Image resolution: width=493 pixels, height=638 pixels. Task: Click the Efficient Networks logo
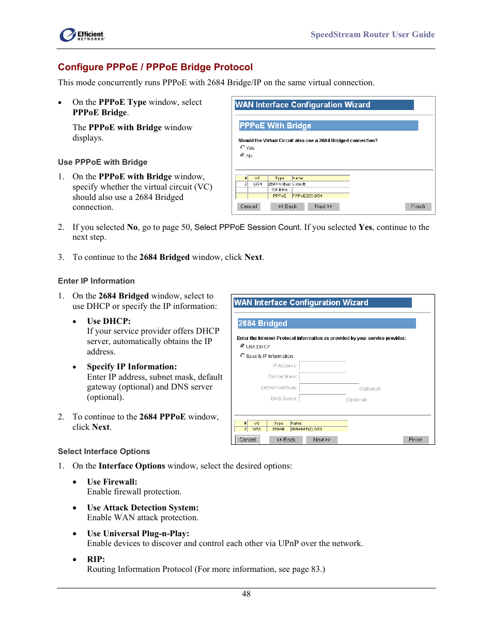pyautogui.click(x=82, y=35)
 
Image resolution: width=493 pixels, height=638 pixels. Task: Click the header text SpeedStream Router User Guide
pyautogui.click(x=372, y=35)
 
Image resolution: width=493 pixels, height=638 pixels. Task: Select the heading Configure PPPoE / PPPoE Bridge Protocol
pyautogui.click(x=155, y=67)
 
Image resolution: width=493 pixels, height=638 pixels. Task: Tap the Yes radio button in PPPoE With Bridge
pyautogui.click(x=242, y=147)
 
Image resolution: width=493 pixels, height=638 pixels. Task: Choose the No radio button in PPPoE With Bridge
pyautogui.click(x=242, y=155)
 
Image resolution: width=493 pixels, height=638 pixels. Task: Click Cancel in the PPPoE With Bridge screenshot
pyautogui.click(x=249, y=207)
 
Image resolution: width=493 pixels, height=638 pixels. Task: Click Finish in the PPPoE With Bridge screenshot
pyautogui.click(x=418, y=207)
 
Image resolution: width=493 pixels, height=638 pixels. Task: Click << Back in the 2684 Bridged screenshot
pyautogui.click(x=286, y=440)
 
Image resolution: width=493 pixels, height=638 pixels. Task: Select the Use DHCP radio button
pyautogui.click(x=242, y=346)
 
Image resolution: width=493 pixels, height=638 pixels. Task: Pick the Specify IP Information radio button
pyautogui.click(x=242, y=355)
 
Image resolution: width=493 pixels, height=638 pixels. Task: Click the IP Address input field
pyautogui.click(x=322, y=366)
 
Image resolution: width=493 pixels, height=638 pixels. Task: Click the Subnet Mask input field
pyautogui.click(x=322, y=377)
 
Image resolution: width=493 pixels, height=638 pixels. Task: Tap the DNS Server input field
pyautogui.click(x=322, y=399)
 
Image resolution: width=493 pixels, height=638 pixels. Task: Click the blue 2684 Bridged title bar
pyautogui.click(x=326, y=323)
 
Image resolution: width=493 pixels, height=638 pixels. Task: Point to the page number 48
pyautogui.click(x=246, y=594)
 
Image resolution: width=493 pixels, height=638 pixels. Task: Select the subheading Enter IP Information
pyautogui.click(x=96, y=281)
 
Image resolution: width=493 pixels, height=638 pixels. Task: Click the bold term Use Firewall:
pyautogui.click(x=112, y=482)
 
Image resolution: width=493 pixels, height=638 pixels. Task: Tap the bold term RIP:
pyautogui.click(x=96, y=559)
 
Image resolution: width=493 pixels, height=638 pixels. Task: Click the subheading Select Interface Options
pyautogui.click(x=104, y=452)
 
